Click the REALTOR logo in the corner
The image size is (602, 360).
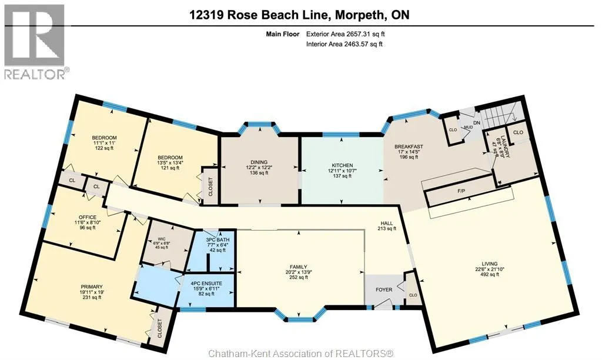pos(35,42)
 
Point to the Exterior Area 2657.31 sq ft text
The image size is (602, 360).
pos(345,34)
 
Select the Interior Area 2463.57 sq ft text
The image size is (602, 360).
pos(345,44)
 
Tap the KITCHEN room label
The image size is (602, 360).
pos(343,166)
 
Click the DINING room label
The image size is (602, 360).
pos(259,162)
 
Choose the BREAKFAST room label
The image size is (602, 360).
pos(409,146)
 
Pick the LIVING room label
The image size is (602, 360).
pos(490,264)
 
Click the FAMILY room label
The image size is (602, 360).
pos(298,267)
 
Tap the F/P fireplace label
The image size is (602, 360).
pos(461,191)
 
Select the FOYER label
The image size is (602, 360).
pos(384,289)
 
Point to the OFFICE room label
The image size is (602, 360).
pos(88,217)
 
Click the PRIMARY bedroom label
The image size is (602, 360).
pos(91,286)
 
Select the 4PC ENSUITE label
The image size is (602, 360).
pos(206,284)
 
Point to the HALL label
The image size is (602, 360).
pos(387,223)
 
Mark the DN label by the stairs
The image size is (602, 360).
pos(477,123)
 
